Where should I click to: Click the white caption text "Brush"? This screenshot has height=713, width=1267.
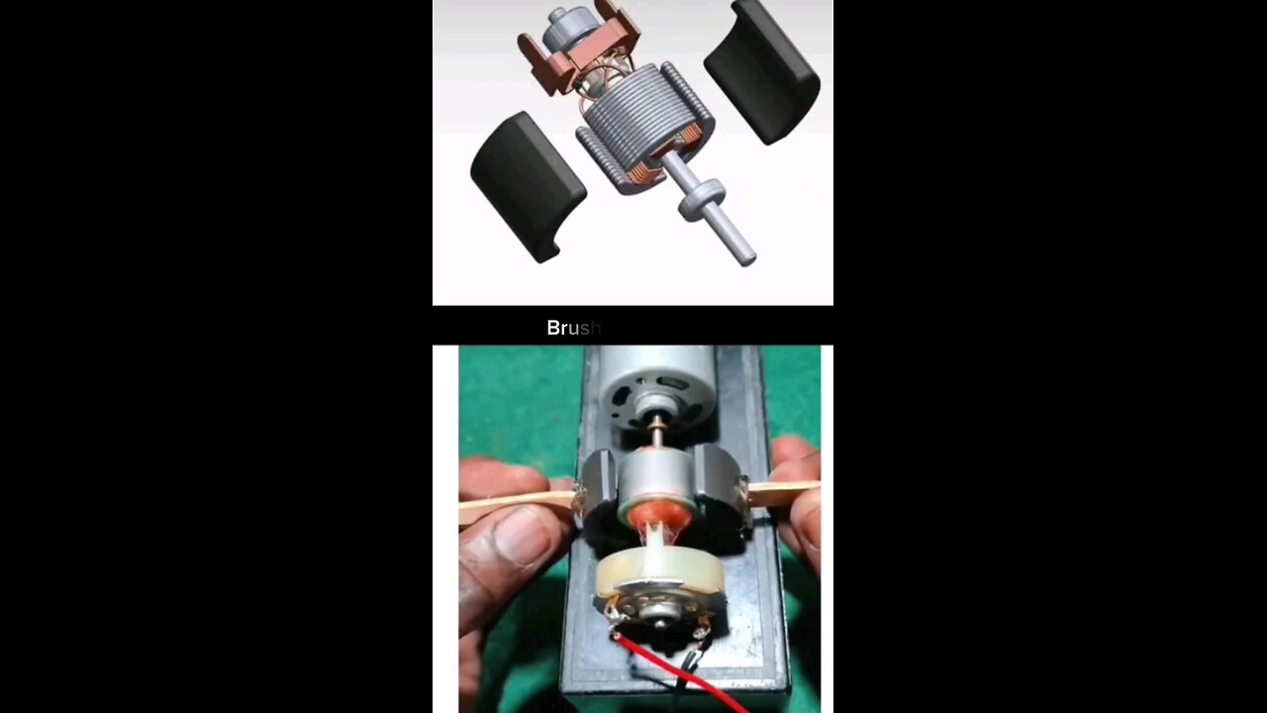(x=573, y=328)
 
